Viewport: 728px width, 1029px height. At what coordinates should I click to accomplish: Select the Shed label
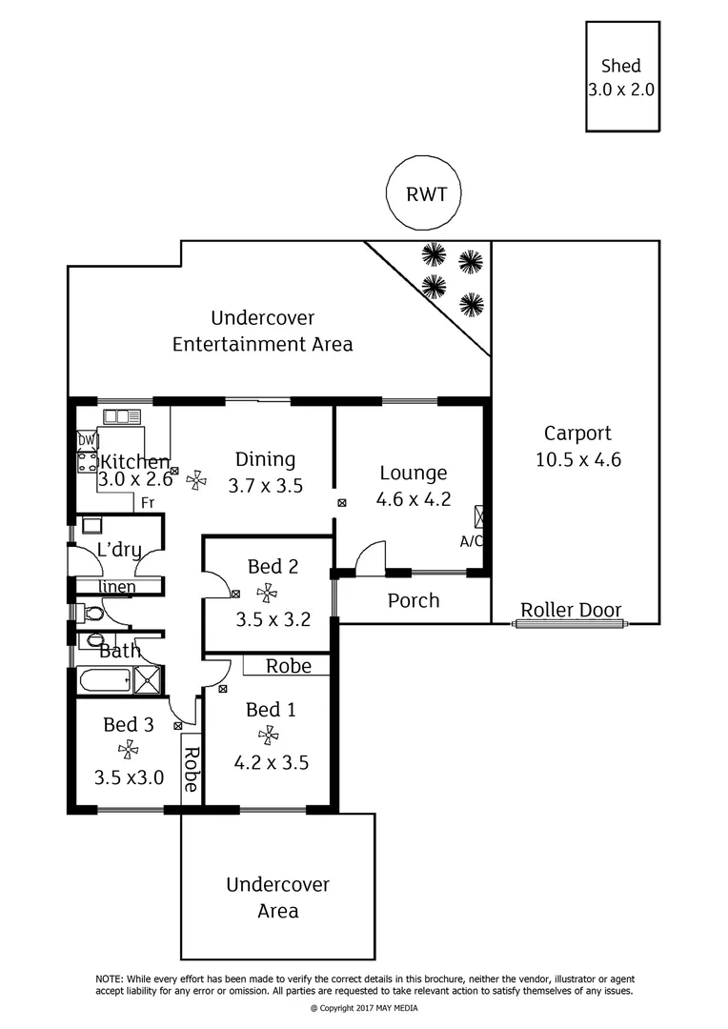(620, 66)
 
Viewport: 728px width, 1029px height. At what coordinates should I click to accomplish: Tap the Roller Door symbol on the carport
(571, 624)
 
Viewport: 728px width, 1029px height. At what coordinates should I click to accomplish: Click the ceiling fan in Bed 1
(268, 735)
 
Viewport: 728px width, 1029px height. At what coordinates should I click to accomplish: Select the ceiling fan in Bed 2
(267, 593)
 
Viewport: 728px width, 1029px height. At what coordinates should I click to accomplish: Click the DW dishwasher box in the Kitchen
(86, 440)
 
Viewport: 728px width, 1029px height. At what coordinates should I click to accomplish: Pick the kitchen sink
(122, 415)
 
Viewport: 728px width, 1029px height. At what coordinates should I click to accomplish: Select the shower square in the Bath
(148, 679)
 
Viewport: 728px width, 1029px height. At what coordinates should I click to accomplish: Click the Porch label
(414, 600)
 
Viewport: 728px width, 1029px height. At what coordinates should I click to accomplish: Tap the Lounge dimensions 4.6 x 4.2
(414, 497)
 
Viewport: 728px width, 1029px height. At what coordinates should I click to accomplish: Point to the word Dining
(265, 459)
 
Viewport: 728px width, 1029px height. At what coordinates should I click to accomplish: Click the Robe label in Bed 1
(288, 665)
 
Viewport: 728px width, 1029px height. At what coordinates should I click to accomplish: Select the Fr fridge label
(148, 502)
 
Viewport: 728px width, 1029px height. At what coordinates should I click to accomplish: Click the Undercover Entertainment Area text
(262, 331)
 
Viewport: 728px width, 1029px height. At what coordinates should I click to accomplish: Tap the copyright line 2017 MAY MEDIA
(364, 1008)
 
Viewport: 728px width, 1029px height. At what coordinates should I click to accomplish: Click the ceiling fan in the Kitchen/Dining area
(196, 480)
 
